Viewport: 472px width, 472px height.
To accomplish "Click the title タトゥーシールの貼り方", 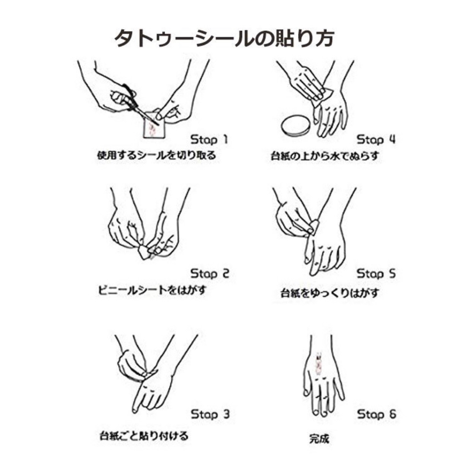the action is click(224, 38).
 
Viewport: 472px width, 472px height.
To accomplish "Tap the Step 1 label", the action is click(209, 139).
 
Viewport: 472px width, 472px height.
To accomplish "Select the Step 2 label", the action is click(210, 273).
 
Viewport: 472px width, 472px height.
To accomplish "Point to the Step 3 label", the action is click(210, 414).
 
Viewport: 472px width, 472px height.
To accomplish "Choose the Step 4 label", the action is click(376, 139).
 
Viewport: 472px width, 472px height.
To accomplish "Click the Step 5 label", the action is click(376, 273).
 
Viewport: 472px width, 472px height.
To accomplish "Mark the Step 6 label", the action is click(377, 414).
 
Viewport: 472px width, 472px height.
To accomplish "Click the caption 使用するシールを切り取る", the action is click(156, 155).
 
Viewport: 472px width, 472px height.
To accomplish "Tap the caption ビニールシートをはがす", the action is click(152, 290).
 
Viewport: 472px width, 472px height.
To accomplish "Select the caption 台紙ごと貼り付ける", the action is click(144, 436).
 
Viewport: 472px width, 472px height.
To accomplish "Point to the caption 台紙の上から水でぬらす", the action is click(324, 156).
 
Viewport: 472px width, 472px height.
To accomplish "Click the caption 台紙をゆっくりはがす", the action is click(330, 292).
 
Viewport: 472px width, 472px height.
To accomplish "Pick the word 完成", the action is click(319, 438).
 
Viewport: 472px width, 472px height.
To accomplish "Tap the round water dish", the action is click(295, 126).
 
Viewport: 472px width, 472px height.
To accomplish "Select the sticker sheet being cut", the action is click(154, 125).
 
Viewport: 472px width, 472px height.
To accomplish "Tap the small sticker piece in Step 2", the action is click(143, 252).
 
